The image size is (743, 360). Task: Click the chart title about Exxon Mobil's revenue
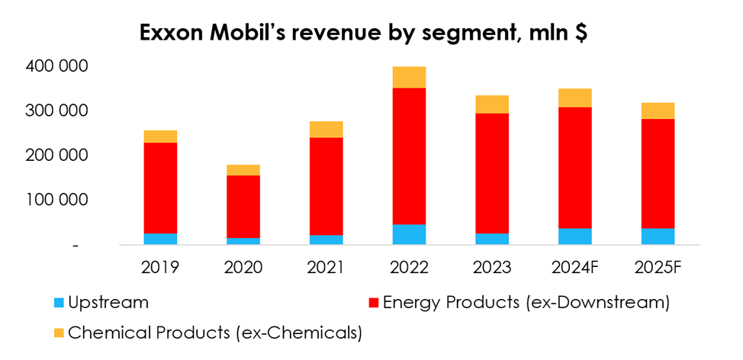coord(362,34)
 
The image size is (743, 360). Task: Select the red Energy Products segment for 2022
coord(409,156)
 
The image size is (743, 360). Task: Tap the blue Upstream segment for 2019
coord(160,239)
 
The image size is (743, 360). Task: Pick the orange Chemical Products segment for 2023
coord(492,104)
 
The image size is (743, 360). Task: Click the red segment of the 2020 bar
coord(243,207)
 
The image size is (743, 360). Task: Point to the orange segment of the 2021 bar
coord(326,130)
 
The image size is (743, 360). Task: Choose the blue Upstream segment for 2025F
coord(658,236)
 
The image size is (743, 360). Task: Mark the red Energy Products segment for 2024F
coord(574,168)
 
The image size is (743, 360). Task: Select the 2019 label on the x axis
coord(160,268)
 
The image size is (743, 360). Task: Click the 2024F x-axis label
coord(575,268)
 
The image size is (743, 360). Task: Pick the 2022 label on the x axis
coord(409,268)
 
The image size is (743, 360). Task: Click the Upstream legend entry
coord(108,302)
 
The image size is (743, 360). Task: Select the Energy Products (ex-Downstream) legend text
coord(526,302)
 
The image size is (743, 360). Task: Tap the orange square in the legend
coord(58,333)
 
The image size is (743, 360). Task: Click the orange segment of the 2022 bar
coord(409,77)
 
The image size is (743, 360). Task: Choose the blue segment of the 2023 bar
coord(492,239)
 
